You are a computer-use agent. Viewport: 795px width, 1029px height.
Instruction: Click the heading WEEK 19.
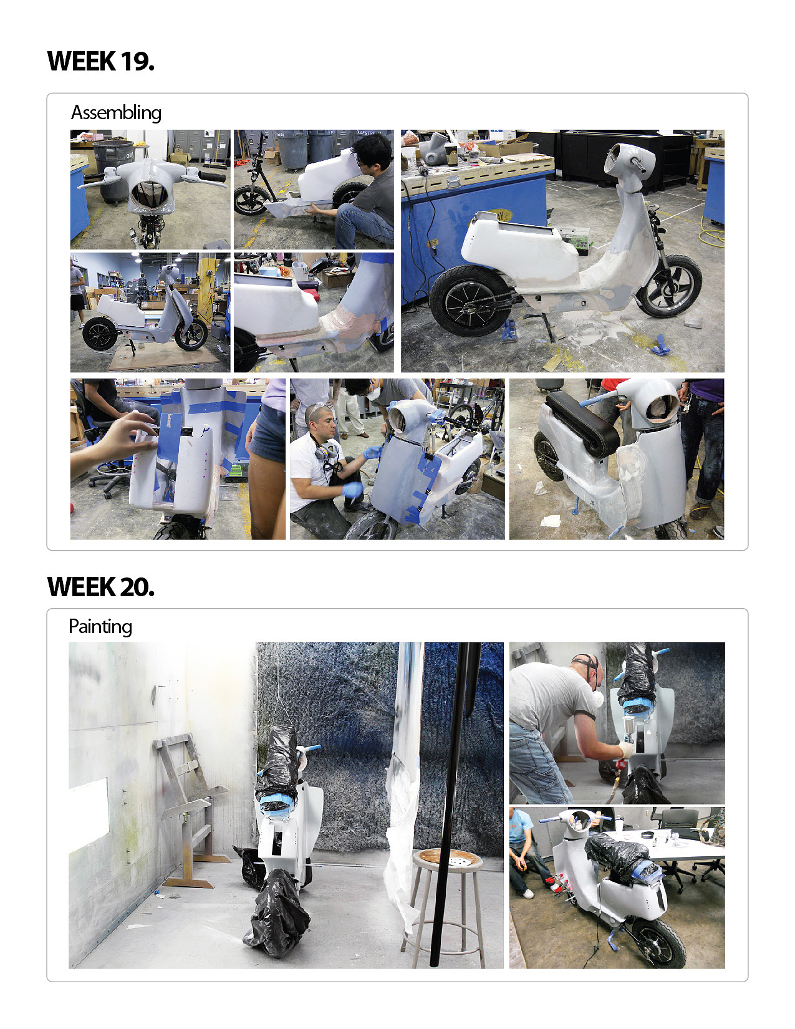(101, 61)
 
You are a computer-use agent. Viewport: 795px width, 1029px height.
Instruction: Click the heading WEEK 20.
(101, 587)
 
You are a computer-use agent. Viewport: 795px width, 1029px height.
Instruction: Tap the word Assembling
(116, 113)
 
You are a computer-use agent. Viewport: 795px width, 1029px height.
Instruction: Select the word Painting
(100, 627)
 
